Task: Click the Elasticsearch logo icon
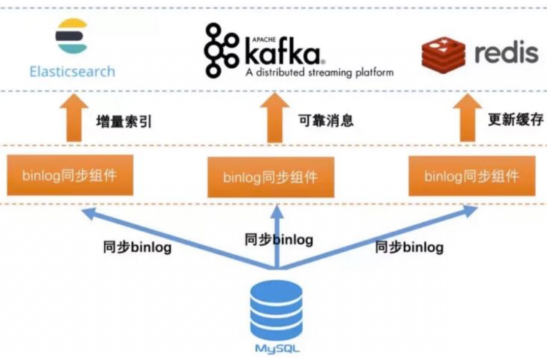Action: tap(71, 36)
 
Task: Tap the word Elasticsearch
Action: tap(72, 71)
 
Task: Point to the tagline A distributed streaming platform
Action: tap(319, 73)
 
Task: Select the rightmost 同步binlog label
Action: tap(408, 247)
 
